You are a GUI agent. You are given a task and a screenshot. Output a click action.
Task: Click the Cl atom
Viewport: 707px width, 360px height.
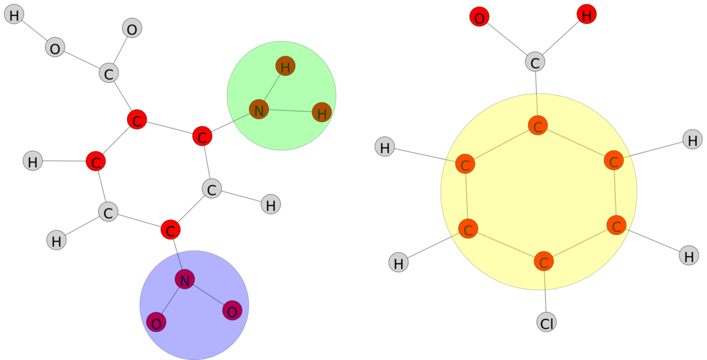click(546, 322)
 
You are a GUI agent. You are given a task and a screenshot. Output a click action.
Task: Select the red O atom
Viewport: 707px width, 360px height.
click(479, 18)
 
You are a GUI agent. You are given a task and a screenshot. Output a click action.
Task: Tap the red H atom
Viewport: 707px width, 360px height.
click(586, 15)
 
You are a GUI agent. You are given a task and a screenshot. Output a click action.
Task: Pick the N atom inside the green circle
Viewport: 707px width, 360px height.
click(259, 109)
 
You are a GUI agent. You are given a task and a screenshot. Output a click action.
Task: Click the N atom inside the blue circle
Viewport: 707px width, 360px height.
click(184, 280)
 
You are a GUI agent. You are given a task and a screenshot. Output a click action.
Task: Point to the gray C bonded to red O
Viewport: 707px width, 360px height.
click(535, 62)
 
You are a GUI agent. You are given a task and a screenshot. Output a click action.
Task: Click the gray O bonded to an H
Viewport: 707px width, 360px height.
click(55, 48)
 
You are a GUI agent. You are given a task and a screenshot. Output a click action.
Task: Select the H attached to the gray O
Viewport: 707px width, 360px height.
click(14, 15)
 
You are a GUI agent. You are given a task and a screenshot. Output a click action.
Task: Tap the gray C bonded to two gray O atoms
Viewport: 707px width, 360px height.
click(108, 74)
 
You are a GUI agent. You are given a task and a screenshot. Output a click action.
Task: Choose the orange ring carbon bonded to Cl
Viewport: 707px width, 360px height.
click(543, 261)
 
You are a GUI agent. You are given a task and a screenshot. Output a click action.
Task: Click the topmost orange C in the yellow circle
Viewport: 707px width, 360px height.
click(537, 125)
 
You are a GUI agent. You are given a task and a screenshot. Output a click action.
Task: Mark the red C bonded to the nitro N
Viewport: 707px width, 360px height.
click(170, 230)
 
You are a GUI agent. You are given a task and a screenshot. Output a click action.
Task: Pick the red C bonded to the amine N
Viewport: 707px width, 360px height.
click(202, 137)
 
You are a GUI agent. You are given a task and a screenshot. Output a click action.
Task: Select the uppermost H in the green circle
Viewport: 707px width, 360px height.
click(285, 67)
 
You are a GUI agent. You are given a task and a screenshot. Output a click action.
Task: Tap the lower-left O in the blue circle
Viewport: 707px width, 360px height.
click(156, 322)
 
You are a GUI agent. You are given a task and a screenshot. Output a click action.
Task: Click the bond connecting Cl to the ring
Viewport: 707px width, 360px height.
click(545, 292)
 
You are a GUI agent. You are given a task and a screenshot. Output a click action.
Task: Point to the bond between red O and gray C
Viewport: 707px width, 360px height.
click(507, 39)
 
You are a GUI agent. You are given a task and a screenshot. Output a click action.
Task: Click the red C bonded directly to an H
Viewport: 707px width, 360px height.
click(95, 161)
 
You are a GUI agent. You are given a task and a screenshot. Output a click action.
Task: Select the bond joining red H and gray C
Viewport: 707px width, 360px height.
click(560, 38)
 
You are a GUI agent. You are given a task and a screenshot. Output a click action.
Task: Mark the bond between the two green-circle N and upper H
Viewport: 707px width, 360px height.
click(272, 88)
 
